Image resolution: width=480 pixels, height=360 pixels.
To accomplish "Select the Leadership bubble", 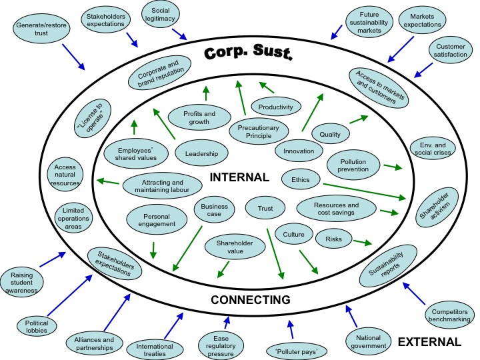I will click(201, 154).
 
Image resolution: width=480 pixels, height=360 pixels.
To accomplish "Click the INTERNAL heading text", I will click(239, 178).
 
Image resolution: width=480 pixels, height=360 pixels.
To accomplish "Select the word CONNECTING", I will click(250, 300).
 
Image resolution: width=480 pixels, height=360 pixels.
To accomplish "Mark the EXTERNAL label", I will click(429, 343).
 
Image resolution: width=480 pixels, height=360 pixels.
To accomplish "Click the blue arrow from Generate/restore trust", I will click(73, 57).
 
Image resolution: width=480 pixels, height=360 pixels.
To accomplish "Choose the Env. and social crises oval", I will click(431, 148).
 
